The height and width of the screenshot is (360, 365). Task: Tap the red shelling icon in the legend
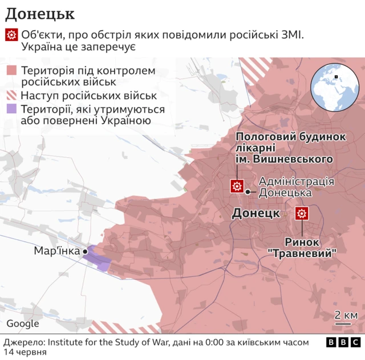[x=11, y=36]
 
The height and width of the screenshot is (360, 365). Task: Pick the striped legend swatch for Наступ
[x=11, y=96]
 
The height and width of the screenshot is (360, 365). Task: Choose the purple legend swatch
[x=11, y=109]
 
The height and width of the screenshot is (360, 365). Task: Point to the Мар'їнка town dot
[x=85, y=251]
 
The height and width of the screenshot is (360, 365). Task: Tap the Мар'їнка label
[x=56, y=251]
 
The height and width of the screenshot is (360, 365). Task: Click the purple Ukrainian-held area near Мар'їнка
[x=99, y=259]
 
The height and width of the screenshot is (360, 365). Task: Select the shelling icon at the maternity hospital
[x=236, y=186]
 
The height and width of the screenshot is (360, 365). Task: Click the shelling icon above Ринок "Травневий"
[x=301, y=214]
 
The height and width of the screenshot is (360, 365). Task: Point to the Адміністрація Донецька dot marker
[x=248, y=192]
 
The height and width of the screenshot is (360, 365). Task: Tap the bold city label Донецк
[x=255, y=214]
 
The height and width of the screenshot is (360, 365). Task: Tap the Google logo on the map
[x=23, y=324]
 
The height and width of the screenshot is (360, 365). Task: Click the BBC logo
[x=343, y=342]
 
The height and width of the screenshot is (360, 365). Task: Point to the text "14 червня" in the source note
[x=24, y=353]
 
